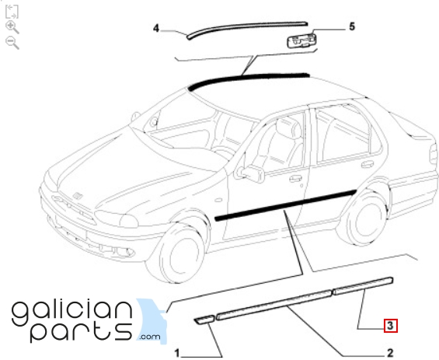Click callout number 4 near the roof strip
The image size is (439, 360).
coord(156,28)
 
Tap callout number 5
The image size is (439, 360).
coord(352,26)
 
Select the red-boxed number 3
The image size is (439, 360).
coord(391,326)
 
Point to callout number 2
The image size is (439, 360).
coord(390,353)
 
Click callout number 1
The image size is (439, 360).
coord(176,353)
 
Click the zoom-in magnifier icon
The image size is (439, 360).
coord(12,27)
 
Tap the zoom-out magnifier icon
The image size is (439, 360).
coord(12,43)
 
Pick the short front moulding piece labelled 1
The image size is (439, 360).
coord(204,320)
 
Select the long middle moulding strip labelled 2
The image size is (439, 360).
coord(274,305)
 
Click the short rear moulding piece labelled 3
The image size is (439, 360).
coord(363,286)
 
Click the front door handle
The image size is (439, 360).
coord(295,178)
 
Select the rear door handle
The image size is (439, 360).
coord(368,164)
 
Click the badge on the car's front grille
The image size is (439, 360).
coord(78,195)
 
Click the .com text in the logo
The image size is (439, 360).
coord(150,336)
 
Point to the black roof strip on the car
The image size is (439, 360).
coord(248,79)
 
